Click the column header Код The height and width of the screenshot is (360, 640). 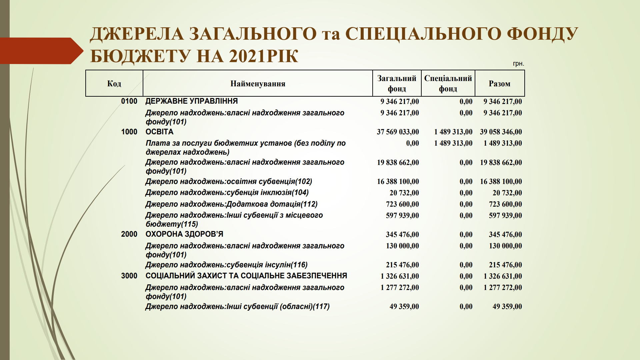(x=114, y=84)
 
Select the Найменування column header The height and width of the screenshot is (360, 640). (x=258, y=84)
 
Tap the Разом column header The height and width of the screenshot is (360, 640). (x=499, y=84)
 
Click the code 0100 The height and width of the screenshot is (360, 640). (x=129, y=101)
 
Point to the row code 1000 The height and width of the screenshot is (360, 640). (x=129, y=132)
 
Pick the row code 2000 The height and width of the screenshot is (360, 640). (x=129, y=234)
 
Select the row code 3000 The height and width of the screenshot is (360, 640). (x=129, y=276)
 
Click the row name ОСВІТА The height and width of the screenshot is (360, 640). (x=159, y=132)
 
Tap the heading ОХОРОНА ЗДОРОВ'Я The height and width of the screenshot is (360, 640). (x=184, y=234)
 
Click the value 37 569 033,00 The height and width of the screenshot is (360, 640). (x=398, y=132)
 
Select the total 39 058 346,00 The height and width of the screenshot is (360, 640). (x=501, y=132)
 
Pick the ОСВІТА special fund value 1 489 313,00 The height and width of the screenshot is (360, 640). (x=453, y=132)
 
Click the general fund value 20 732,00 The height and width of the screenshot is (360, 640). (x=404, y=193)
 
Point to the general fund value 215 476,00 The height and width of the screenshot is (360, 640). (x=402, y=265)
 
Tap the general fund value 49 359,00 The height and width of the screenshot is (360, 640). (x=404, y=307)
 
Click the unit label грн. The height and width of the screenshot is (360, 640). (x=518, y=64)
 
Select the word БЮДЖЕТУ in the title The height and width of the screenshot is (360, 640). (x=140, y=56)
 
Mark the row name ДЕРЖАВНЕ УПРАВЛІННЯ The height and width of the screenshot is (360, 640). (x=192, y=101)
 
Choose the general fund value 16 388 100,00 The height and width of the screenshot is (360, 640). (x=398, y=182)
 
